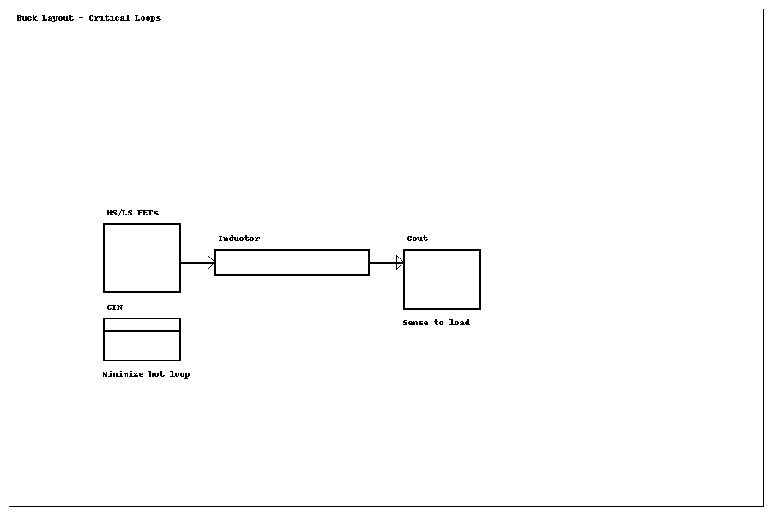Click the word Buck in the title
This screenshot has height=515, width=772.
27,18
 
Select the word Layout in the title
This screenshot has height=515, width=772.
57,18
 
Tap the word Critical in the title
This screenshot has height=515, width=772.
109,18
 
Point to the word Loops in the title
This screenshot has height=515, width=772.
147,18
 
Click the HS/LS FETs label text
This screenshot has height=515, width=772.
132,213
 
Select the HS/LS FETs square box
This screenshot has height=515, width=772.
142,257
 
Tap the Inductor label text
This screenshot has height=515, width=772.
238,239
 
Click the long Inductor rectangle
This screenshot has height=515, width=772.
292,262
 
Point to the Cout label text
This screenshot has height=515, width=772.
417,239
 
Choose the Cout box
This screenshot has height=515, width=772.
442,279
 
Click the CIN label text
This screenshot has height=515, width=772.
114,307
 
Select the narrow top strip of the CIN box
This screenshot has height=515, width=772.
142,324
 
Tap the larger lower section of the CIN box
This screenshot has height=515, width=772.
142,346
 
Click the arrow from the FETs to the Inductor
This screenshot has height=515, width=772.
196,263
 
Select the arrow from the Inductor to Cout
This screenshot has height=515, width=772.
384,263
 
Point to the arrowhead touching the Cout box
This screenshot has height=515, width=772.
400,263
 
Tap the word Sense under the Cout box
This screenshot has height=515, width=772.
416,323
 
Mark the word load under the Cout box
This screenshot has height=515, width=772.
459,323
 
